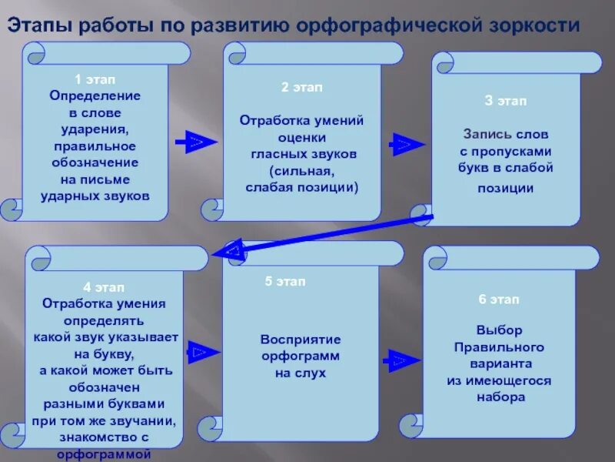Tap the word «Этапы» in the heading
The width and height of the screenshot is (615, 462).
click(x=40, y=25)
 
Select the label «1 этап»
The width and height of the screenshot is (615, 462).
click(x=95, y=79)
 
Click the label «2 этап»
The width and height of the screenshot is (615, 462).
click(x=302, y=88)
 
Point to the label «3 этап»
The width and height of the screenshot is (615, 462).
click(x=505, y=101)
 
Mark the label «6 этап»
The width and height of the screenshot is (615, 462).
click(x=498, y=299)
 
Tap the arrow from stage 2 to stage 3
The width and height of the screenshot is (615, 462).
click(x=402, y=144)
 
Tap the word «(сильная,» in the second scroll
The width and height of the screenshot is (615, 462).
click(x=302, y=170)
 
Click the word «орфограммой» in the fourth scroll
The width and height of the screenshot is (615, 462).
click(x=103, y=454)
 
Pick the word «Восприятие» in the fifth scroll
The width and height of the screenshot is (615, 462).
click(x=300, y=339)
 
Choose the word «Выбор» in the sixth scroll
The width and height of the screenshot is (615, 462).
click(x=499, y=330)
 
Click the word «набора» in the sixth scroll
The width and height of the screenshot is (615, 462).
click(x=500, y=397)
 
